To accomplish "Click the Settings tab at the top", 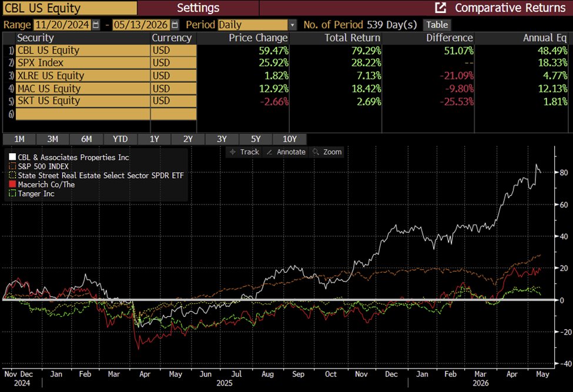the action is pos(198,8).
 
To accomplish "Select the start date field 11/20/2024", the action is pos(62,25).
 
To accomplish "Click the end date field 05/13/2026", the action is pos(140,25).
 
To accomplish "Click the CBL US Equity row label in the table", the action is pos(48,51).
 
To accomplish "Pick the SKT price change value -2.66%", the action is pos(274,101).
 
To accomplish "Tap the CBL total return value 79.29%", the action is pos(366,51).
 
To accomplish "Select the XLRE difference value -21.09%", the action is pos(457,76).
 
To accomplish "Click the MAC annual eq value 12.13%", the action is pos(552,88).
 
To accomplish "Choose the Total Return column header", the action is pos(352,38).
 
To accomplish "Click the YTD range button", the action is pos(120,139).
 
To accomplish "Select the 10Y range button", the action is pos(289,139).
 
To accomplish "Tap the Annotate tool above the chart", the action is pos(287,152).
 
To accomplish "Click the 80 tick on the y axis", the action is pos(564,172).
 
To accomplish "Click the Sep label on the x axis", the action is pos(298,374).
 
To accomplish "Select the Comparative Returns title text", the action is pos(510,8).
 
